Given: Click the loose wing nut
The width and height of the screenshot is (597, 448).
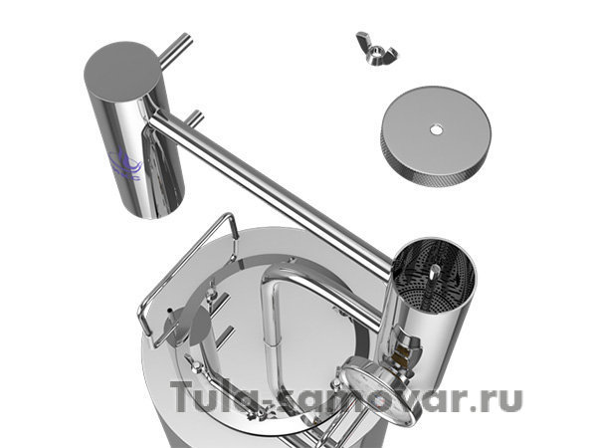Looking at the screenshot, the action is coord(376,49).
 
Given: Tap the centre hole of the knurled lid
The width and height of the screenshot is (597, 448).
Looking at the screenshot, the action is coord(437,130).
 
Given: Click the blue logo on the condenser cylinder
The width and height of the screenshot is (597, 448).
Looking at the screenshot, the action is coord(125,164).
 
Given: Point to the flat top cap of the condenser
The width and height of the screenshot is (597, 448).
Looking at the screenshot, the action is coord(121,72).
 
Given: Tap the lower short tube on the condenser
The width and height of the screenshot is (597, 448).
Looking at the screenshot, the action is coord(195,118).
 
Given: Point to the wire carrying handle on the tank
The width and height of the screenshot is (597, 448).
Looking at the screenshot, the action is coord(188,275).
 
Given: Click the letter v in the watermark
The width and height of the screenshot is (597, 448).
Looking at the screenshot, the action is coord(403,401).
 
